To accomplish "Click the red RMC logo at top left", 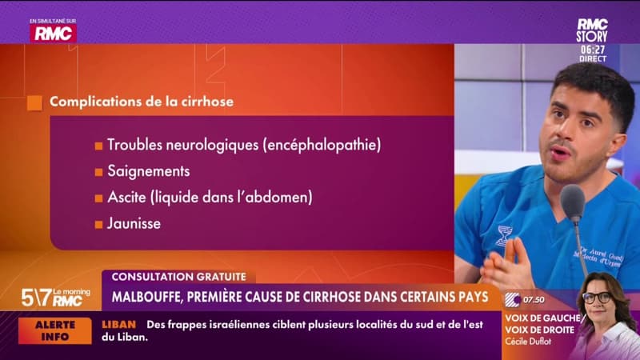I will coord(53,33).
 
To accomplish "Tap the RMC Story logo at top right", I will coord(592,30).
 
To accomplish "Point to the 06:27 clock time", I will coord(592,49).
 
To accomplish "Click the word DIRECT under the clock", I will coord(592,59).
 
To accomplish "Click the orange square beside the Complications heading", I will coord(34,102).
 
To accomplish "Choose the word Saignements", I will coord(148,171).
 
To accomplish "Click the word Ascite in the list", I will coord(126,197).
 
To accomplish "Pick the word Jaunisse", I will coord(134,223).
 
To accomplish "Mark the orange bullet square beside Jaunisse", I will coord(98,224).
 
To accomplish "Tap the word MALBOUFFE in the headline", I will coord(150,298).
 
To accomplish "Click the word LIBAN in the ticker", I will coord(119,324).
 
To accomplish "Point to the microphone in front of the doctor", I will coord(573,203).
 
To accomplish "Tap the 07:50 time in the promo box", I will coord(534,299).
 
